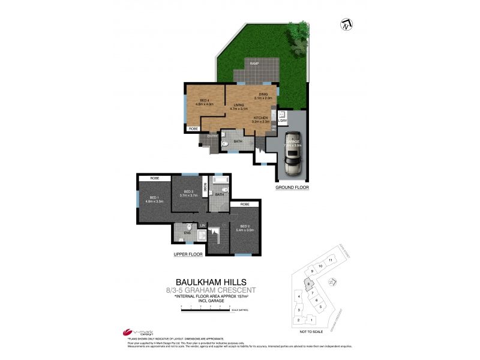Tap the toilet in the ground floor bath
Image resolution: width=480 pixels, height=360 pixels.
tap(223, 144)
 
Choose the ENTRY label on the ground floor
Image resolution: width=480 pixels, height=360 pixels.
tap(212, 136)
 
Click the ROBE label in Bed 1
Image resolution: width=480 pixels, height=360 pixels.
tap(154, 178)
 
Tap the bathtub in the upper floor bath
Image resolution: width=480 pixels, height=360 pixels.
tap(220, 181)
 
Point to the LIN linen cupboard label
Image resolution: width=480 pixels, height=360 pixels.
tap(202, 225)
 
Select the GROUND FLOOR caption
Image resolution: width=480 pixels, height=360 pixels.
tap(292, 187)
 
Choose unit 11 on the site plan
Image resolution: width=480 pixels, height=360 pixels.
tap(330, 260)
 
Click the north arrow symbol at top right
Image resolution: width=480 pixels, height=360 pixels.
tap(346, 25)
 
